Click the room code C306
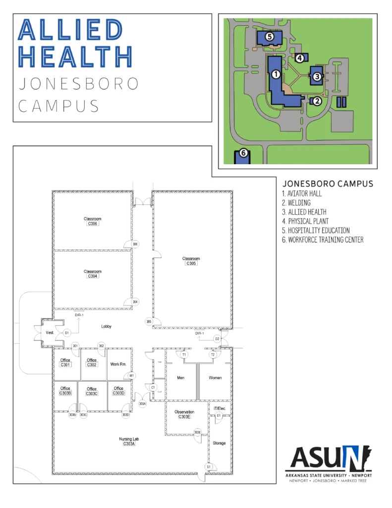93,224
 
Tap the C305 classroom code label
191,263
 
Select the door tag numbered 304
135,302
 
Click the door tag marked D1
67,332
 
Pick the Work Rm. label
118,364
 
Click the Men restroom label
181,378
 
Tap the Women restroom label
215,378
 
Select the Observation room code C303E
184,417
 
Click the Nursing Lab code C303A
129,444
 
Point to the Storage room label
219,443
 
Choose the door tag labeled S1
209,467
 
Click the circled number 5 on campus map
269,37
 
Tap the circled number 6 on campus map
243,153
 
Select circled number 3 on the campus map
317,76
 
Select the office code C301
65,365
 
